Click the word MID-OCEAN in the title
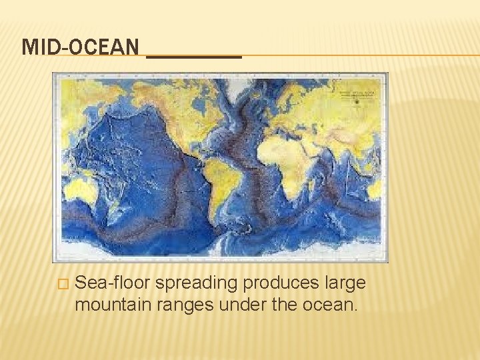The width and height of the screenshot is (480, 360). [x=81, y=47]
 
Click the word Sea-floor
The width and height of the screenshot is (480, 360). [x=114, y=283]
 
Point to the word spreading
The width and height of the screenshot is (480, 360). [x=197, y=283]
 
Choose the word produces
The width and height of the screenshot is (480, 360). [x=283, y=283]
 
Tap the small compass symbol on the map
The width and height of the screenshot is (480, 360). [x=357, y=101]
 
